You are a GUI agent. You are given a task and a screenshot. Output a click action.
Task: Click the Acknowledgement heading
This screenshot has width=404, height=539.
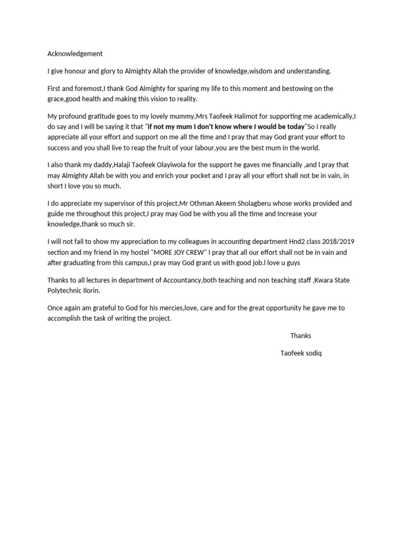coord(75,54)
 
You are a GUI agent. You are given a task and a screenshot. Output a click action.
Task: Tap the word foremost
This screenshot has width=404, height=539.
coord(88,88)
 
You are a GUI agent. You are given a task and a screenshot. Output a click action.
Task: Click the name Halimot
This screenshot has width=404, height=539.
coord(252,116)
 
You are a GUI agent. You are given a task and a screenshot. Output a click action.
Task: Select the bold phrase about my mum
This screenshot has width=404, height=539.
coord(226,127)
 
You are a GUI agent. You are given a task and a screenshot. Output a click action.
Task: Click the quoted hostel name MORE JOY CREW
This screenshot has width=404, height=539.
coord(177,252)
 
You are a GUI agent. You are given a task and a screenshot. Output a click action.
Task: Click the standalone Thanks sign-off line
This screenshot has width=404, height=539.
coord(300,335)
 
